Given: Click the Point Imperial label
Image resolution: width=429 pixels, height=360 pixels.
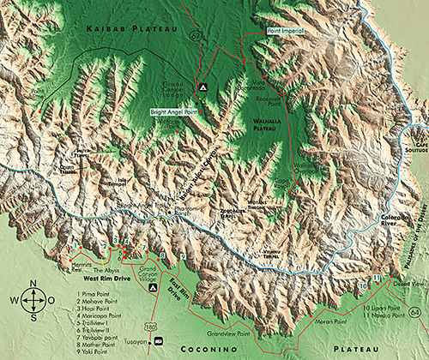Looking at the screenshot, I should [x=286, y=31].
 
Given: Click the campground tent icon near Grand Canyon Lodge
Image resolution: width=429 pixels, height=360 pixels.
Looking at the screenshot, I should [x=202, y=88].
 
